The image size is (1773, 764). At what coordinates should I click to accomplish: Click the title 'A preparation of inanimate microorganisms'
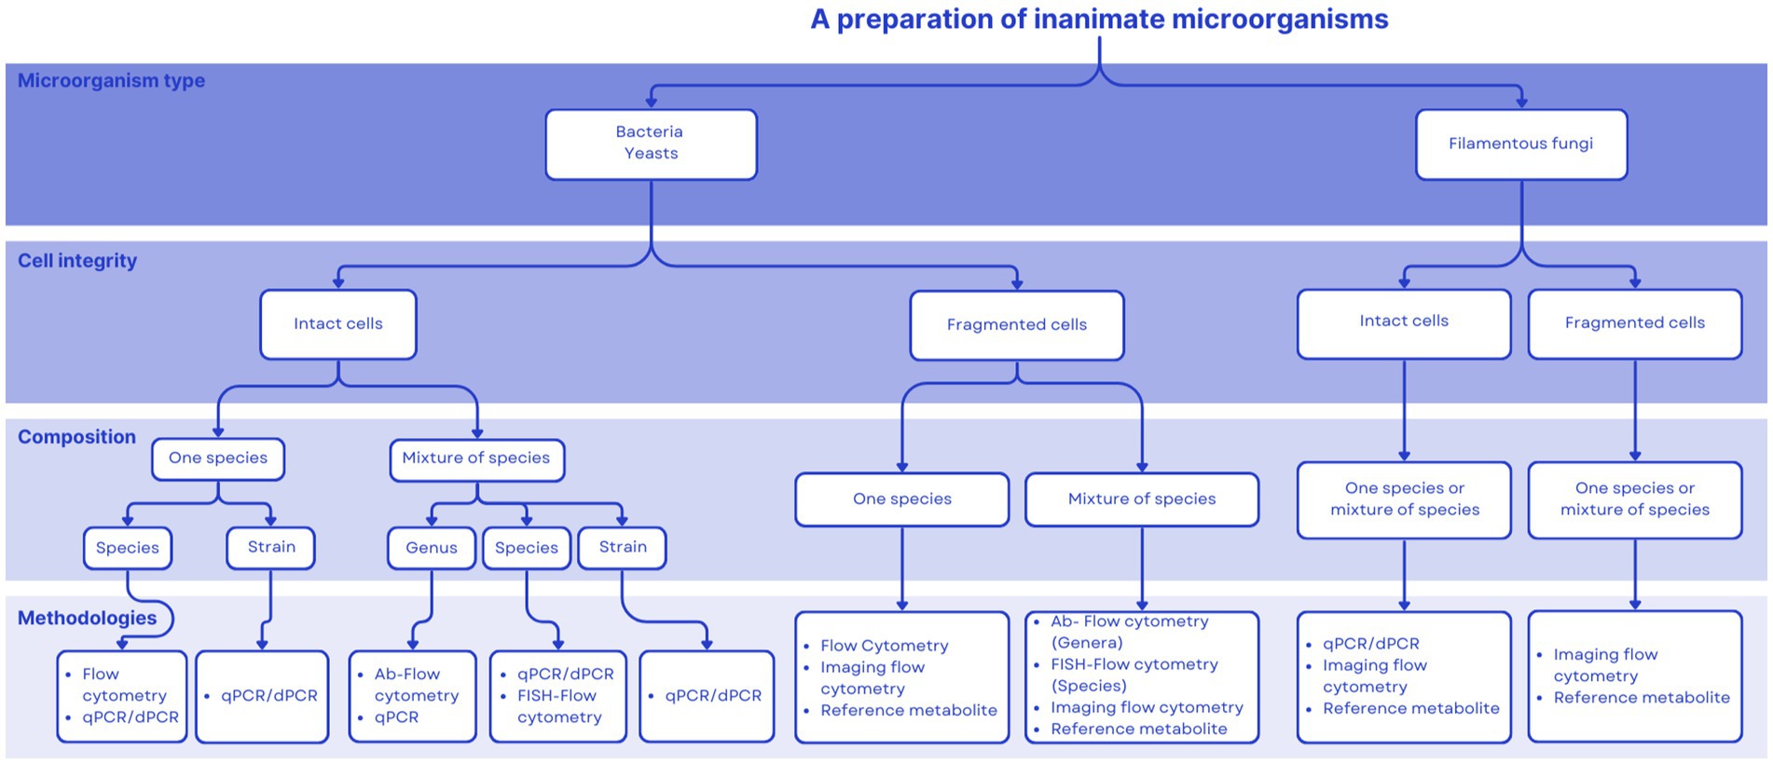coord(1098,20)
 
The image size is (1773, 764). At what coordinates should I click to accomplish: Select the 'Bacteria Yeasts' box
coord(651,143)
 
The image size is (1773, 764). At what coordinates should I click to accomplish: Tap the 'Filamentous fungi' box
coord(1520,143)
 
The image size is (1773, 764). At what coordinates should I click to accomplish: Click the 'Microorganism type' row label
coord(111,81)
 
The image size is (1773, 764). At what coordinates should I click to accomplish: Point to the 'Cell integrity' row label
coord(77,261)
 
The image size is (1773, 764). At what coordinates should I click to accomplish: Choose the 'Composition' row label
coord(76,437)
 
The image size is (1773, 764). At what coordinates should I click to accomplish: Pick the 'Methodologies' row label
coord(87,618)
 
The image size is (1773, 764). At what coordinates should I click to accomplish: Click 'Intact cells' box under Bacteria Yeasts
coord(337,324)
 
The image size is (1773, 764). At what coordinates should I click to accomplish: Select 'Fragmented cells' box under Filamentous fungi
coord(1634,323)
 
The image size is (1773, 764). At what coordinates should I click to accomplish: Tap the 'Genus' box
coord(431,548)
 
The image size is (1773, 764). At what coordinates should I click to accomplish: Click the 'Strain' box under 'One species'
coord(270,547)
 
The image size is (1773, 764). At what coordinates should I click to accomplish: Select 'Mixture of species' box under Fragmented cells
coord(1141,499)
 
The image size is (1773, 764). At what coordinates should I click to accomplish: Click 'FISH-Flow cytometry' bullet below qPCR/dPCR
coord(559,706)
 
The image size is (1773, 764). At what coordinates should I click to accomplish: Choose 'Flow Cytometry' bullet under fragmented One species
coord(884,646)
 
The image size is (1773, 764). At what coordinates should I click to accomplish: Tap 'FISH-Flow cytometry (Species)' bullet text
coord(1134,675)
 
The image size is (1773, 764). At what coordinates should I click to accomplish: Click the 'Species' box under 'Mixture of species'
coord(526,548)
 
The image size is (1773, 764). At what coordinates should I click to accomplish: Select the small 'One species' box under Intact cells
coord(217,458)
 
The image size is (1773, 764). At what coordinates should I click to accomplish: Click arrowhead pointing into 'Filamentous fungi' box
coord(1521,102)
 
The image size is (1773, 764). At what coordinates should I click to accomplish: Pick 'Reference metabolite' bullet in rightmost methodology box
coord(1641,698)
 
